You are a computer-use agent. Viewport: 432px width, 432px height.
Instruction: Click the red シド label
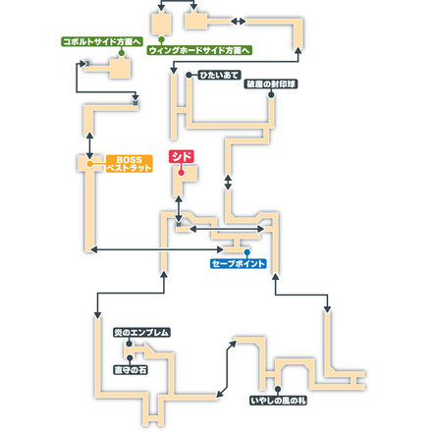click(182, 155)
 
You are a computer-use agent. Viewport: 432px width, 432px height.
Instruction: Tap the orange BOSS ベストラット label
click(129, 164)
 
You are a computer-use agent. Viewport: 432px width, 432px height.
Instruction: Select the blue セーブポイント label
click(239, 264)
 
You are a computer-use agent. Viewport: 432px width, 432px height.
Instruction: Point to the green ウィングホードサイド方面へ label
click(199, 49)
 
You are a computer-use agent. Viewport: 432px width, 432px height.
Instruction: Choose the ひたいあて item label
click(216, 75)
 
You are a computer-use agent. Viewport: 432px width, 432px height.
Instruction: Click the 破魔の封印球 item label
click(271, 84)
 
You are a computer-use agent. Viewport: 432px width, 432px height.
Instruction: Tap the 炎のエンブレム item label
click(141, 333)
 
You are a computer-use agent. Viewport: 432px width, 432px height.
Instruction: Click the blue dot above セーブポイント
click(234, 251)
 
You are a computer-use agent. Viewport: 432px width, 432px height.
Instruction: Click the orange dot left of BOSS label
click(90, 164)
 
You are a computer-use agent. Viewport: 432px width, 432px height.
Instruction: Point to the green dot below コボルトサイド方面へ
click(121, 54)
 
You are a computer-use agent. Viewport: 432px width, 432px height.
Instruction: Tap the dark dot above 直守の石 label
click(142, 347)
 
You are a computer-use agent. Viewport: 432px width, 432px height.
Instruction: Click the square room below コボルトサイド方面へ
click(121, 68)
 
